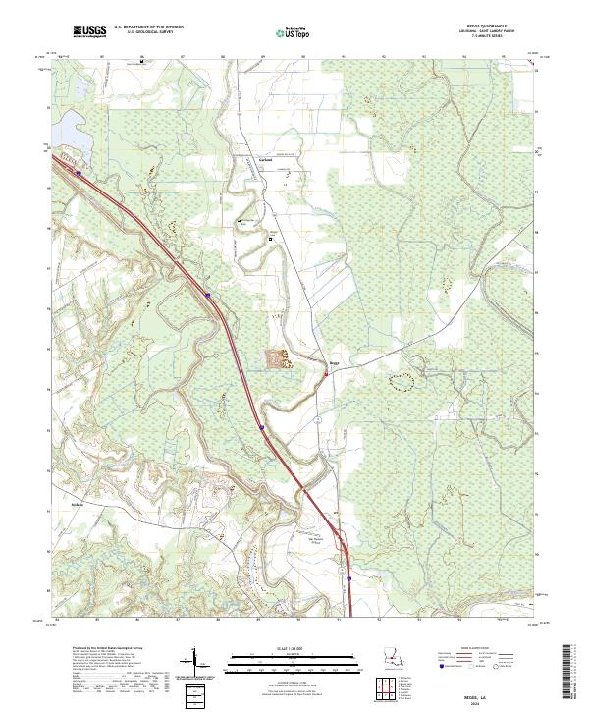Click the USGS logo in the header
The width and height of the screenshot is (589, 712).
pos(89,32)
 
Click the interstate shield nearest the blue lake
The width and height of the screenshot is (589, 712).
pos(79,172)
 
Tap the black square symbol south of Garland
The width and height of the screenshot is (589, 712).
pos(272,237)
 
